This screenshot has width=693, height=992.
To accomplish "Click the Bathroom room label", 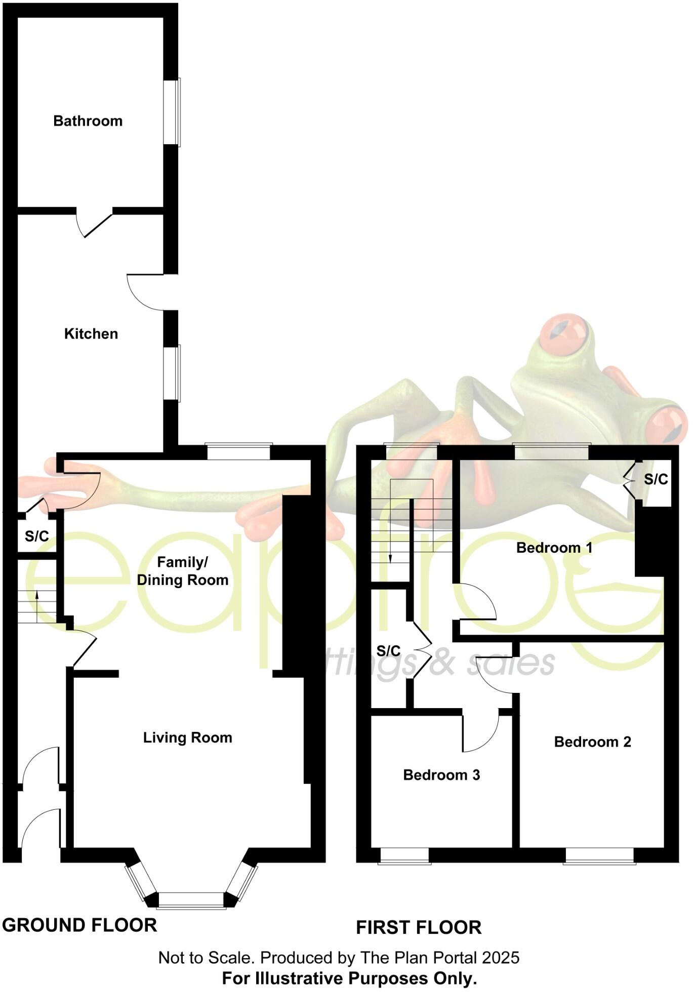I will click(88, 121).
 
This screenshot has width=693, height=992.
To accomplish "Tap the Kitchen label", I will click(91, 334).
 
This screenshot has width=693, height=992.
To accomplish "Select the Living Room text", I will click(187, 737).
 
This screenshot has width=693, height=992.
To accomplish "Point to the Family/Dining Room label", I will click(183, 571).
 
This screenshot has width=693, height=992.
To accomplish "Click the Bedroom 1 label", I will click(554, 547).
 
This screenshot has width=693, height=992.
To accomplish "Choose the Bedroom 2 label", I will click(592, 741).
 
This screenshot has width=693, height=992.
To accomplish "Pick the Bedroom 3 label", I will click(441, 774).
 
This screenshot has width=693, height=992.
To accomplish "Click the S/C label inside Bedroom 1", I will click(656, 479).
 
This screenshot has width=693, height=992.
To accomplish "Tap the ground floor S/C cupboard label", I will click(37, 536).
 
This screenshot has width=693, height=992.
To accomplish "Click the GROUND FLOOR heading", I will click(79, 925).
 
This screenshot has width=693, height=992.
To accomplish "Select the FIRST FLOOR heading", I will click(419, 927).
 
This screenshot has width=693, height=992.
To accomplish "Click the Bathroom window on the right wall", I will click(173, 112).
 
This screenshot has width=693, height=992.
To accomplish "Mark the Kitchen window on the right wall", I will click(173, 373).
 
